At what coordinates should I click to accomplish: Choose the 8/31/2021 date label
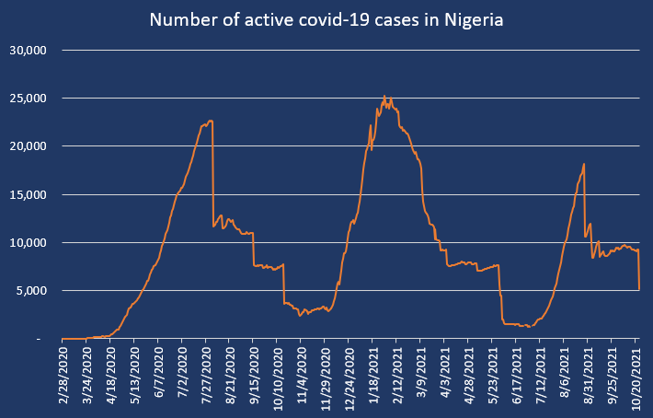pyautogui.click(x=590, y=377)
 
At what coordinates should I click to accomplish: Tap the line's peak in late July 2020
pyautogui.click(x=211, y=121)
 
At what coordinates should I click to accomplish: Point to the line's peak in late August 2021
pyautogui.click(x=585, y=164)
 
